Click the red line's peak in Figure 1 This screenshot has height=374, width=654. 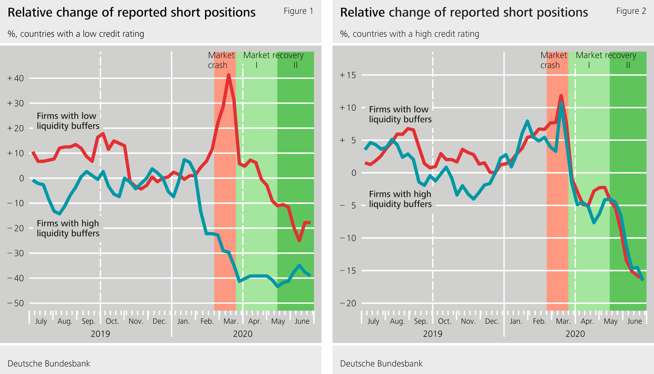pos(229,75)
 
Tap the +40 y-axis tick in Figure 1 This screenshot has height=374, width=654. pos(16,78)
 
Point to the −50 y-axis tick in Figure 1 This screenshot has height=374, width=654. pos(16,303)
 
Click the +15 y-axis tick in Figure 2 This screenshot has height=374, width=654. pos(348,75)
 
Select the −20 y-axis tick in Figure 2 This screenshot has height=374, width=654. pos(348,303)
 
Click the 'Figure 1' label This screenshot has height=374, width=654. pos(298,11)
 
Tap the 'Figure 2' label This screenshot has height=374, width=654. pos(631,11)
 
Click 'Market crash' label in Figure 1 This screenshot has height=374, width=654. pos(221,60)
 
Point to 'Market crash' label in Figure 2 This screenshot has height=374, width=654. pos(553,60)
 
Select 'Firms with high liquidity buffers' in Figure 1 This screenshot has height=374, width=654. pos(68,228)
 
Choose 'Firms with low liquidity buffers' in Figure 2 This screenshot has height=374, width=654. pos(400,114)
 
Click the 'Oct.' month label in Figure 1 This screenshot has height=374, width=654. pos(112,321)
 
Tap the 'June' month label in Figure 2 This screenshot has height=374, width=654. pos(634,321)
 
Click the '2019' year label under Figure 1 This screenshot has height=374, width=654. pos(100,334)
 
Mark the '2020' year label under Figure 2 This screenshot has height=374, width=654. pos(575,334)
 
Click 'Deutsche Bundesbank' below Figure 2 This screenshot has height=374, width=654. pos(381,364)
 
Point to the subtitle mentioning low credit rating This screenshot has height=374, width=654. pos(76,34)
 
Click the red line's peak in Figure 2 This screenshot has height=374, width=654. pos(561,96)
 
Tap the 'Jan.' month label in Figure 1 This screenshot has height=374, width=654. pos(183,321)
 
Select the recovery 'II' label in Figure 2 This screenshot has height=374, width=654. pos(628,65)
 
